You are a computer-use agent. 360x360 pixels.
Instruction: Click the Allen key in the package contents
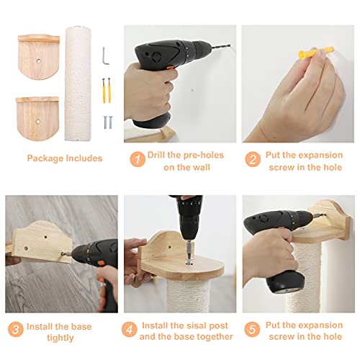tap(105, 55)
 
